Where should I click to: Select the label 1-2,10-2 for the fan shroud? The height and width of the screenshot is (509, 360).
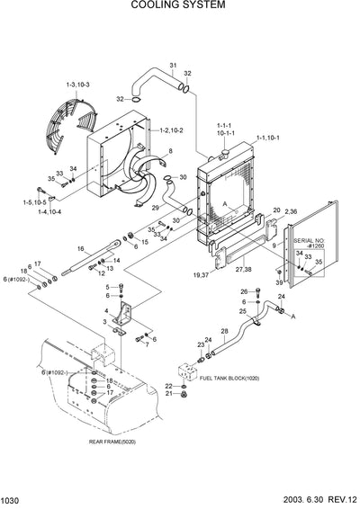[171, 130]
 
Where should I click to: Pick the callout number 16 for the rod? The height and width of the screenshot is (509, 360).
[81, 247]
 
